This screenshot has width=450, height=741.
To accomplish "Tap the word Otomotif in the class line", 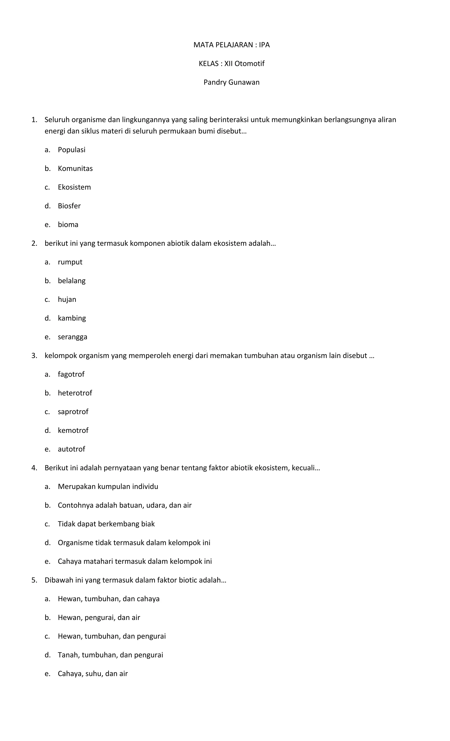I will point(249,63).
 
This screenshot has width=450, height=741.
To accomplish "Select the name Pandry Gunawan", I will point(231,82).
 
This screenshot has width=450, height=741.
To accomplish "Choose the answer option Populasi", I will point(72,150).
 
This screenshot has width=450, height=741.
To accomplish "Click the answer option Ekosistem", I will point(74,187).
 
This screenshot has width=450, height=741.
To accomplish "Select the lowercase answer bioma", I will point(68,225).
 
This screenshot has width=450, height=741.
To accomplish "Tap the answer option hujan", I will point(67,299).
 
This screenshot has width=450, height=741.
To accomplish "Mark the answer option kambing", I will point(72,318).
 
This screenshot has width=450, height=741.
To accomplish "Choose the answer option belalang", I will point(72,281).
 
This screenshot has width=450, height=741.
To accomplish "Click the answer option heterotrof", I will point(75,393).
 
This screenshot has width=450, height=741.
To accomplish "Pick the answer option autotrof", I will point(71,449).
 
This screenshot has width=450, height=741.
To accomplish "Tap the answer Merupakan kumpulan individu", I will point(108,487).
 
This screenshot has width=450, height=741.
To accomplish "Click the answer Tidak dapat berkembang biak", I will point(106,524).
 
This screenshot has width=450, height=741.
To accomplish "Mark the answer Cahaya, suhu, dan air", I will point(93,674).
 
